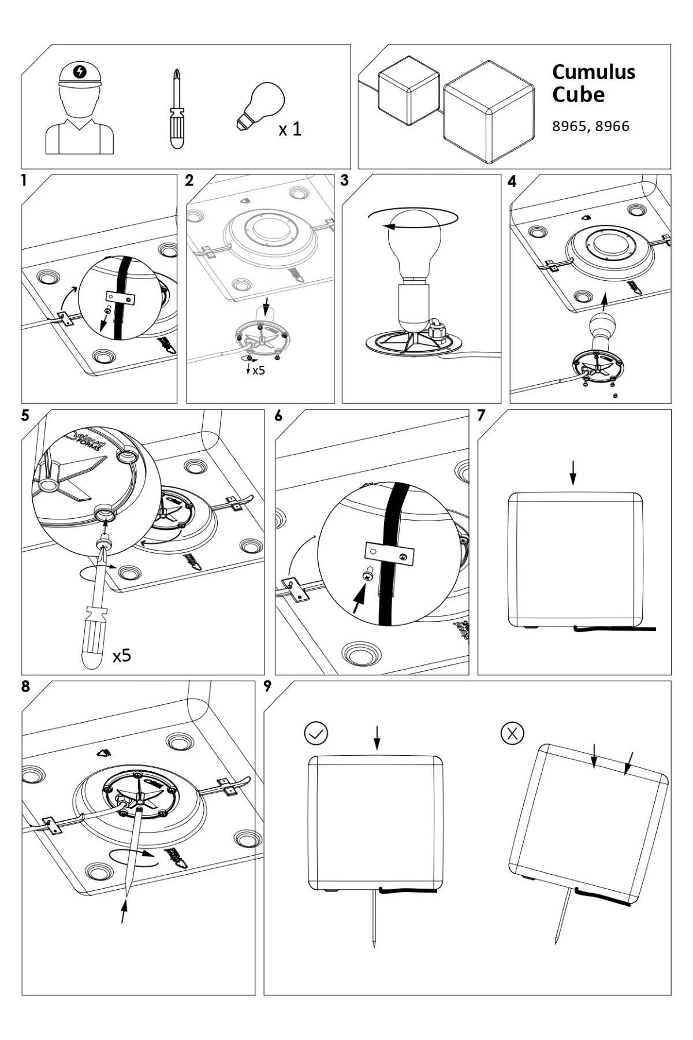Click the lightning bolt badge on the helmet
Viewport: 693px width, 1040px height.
click(x=80, y=72)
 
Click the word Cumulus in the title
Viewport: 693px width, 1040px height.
click(x=593, y=72)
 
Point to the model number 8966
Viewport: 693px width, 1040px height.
click(x=612, y=127)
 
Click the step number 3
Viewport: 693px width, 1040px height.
click(x=345, y=180)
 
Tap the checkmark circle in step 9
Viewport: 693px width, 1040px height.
click(x=316, y=733)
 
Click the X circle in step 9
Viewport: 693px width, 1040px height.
click(x=512, y=733)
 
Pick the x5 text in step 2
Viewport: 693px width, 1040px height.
click(x=258, y=370)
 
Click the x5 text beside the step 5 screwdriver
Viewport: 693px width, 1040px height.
click(x=122, y=655)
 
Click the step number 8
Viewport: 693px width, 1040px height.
click(x=25, y=687)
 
